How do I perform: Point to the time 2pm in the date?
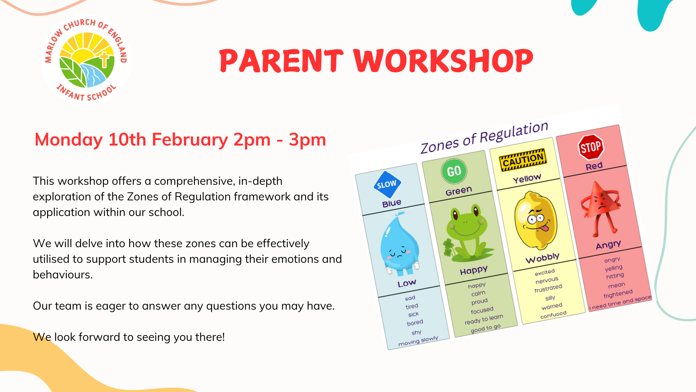point(252,140)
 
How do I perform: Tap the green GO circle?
point(454,171)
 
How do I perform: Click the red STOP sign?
point(591,147)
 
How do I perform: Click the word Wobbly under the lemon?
point(543,258)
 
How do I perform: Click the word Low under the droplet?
point(407,283)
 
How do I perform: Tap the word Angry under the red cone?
point(609,245)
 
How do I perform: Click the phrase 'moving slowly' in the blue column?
point(418,341)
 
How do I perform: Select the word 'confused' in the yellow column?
point(553,315)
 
